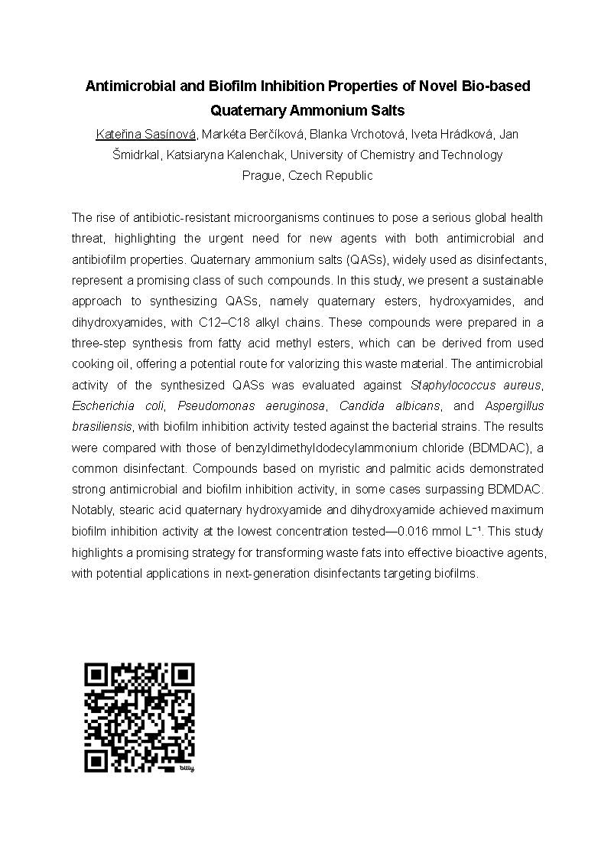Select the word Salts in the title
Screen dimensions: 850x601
[x=387, y=110]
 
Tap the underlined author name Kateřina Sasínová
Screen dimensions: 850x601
[x=146, y=135]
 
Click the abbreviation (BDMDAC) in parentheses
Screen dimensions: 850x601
[x=493, y=447]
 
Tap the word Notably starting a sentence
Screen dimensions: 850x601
[x=93, y=510]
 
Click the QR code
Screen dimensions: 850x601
[x=139, y=717]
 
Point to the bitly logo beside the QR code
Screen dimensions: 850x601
[x=187, y=767]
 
